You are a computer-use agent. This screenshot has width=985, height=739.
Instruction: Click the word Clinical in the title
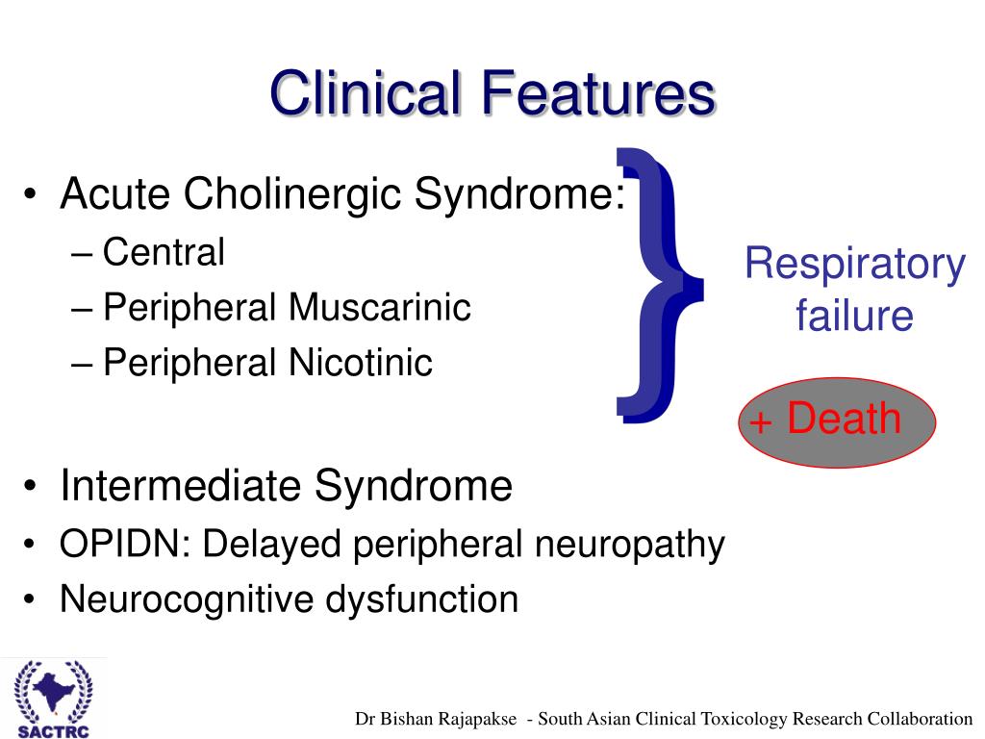366,93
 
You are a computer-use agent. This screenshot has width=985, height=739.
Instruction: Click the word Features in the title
599,93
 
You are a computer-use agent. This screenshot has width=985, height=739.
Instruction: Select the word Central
164,252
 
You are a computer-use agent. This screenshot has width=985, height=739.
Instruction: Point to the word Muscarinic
379,307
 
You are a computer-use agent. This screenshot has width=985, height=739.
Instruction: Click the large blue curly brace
660,285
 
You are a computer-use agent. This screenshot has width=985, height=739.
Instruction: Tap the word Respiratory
855,264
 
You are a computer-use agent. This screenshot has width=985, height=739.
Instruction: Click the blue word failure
854,315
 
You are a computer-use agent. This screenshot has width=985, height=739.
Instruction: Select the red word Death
844,418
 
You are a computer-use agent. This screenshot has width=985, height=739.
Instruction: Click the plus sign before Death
760,421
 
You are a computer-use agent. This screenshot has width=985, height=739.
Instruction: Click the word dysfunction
421,599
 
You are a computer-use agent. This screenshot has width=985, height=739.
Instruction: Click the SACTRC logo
54,699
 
